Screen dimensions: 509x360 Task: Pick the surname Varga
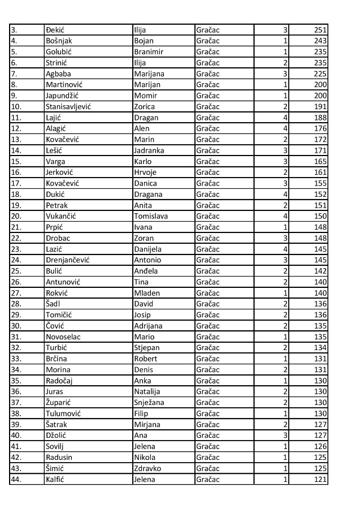coord(55,161)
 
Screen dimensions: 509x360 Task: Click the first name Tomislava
coord(151,215)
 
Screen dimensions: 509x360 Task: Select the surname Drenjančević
coord(68,260)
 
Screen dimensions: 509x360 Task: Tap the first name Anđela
coord(147,270)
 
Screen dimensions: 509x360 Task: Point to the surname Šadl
coord(53,303)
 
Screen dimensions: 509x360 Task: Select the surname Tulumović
coord(63,413)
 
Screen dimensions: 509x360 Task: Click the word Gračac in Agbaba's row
coord(208,74)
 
